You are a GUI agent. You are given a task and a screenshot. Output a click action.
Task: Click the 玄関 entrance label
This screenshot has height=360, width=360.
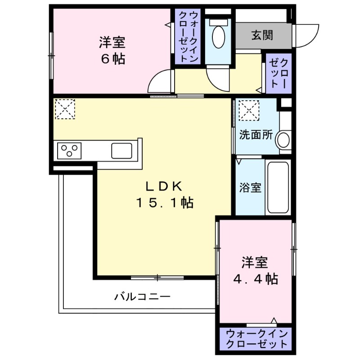coord(262,35)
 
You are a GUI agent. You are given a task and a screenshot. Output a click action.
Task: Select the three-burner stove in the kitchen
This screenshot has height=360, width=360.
coord(68,150)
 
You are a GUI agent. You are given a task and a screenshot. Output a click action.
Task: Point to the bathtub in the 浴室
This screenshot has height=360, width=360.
coord(279,186)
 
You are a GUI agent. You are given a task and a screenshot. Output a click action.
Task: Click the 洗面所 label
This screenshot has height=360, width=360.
coord(256,135)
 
